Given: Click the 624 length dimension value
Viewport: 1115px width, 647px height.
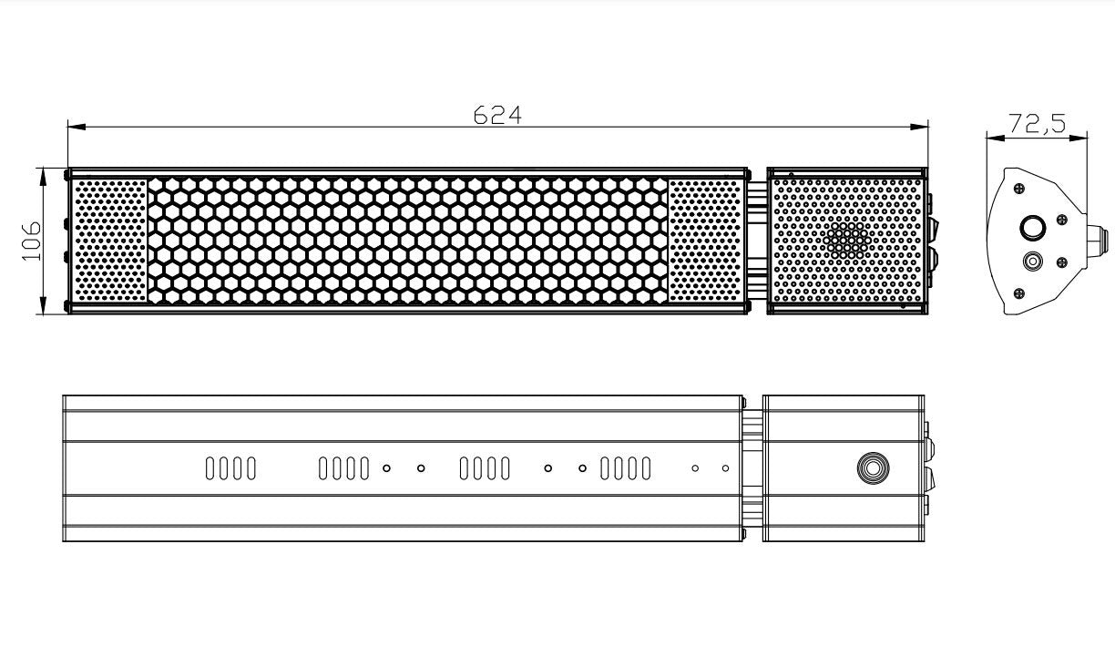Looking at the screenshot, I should pyautogui.click(x=497, y=115).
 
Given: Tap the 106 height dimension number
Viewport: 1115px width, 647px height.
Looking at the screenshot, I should pyautogui.click(x=33, y=241).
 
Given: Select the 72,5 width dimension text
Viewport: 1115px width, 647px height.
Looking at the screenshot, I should pyautogui.click(x=1037, y=124).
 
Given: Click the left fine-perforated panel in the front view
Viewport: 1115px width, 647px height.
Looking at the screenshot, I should pyautogui.click(x=108, y=241).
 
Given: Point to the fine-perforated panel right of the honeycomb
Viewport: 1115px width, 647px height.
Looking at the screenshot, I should pyautogui.click(x=705, y=241).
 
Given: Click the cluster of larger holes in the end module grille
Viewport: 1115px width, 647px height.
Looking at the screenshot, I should pyautogui.click(x=848, y=239).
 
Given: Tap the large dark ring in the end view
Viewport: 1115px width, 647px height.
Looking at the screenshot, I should pyautogui.click(x=1032, y=228).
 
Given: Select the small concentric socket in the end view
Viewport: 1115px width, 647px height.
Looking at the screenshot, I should pyautogui.click(x=1032, y=262).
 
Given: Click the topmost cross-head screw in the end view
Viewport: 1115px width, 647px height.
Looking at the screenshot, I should pyautogui.click(x=1019, y=187).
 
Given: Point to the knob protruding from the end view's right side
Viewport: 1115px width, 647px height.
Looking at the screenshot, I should pyautogui.click(x=1099, y=239).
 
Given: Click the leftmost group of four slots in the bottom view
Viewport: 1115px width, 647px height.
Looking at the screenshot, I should pyautogui.click(x=230, y=468).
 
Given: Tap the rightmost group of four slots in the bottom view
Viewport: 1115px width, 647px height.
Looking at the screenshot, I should pyautogui.click(x=626, y=468).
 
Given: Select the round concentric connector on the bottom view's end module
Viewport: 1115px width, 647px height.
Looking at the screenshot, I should pyautogui.click(x=873, y=468).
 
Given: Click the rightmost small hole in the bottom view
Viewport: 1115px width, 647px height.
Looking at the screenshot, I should pyautogui.click(x=725, y=468).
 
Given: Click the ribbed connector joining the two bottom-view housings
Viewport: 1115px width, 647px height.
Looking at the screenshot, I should pyautogui.click(x=752, y=468).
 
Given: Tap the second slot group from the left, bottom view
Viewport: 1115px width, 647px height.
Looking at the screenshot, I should pyautogui.click(x=344, y=468).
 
